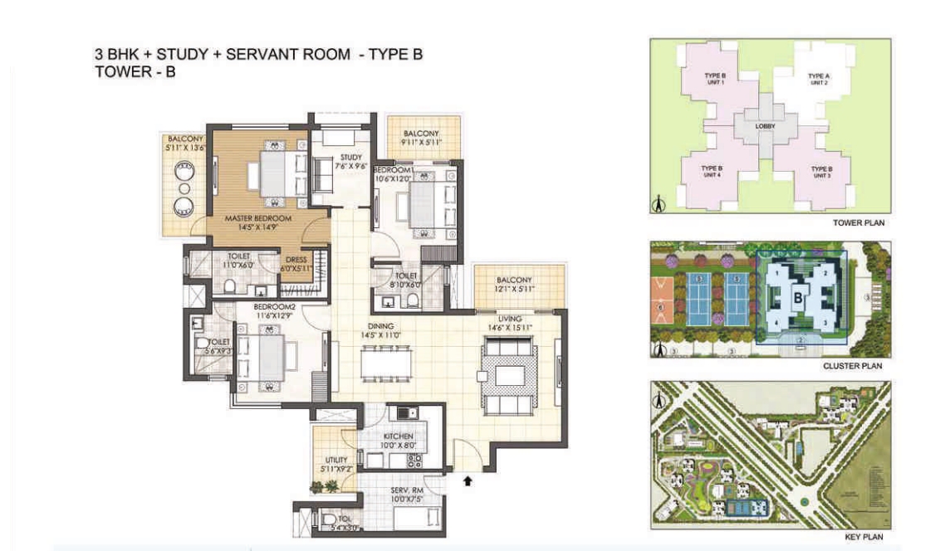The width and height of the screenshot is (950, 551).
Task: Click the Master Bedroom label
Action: coord(257,220)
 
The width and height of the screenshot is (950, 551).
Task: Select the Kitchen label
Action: coord(398,436)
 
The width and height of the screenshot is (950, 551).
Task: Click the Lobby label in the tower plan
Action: coord(766,126)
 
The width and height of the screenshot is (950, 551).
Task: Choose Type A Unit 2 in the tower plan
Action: coord(820,79)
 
